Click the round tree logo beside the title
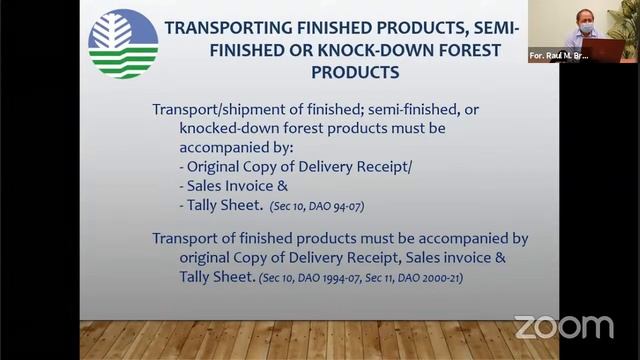(x=122, y=43)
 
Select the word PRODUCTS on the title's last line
(x=356, y=72)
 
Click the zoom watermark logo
(x=564, y=327)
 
